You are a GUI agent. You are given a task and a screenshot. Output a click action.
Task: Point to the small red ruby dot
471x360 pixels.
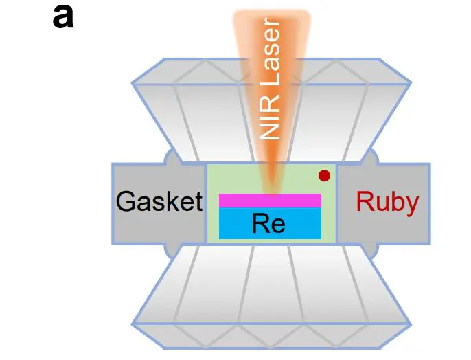pos(324,177)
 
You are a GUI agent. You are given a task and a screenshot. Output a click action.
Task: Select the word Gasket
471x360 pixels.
pos(159,202)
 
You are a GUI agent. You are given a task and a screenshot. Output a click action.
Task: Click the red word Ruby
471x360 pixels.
pos(387,202)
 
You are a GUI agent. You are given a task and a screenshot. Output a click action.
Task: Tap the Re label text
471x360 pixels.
pos(268,223)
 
